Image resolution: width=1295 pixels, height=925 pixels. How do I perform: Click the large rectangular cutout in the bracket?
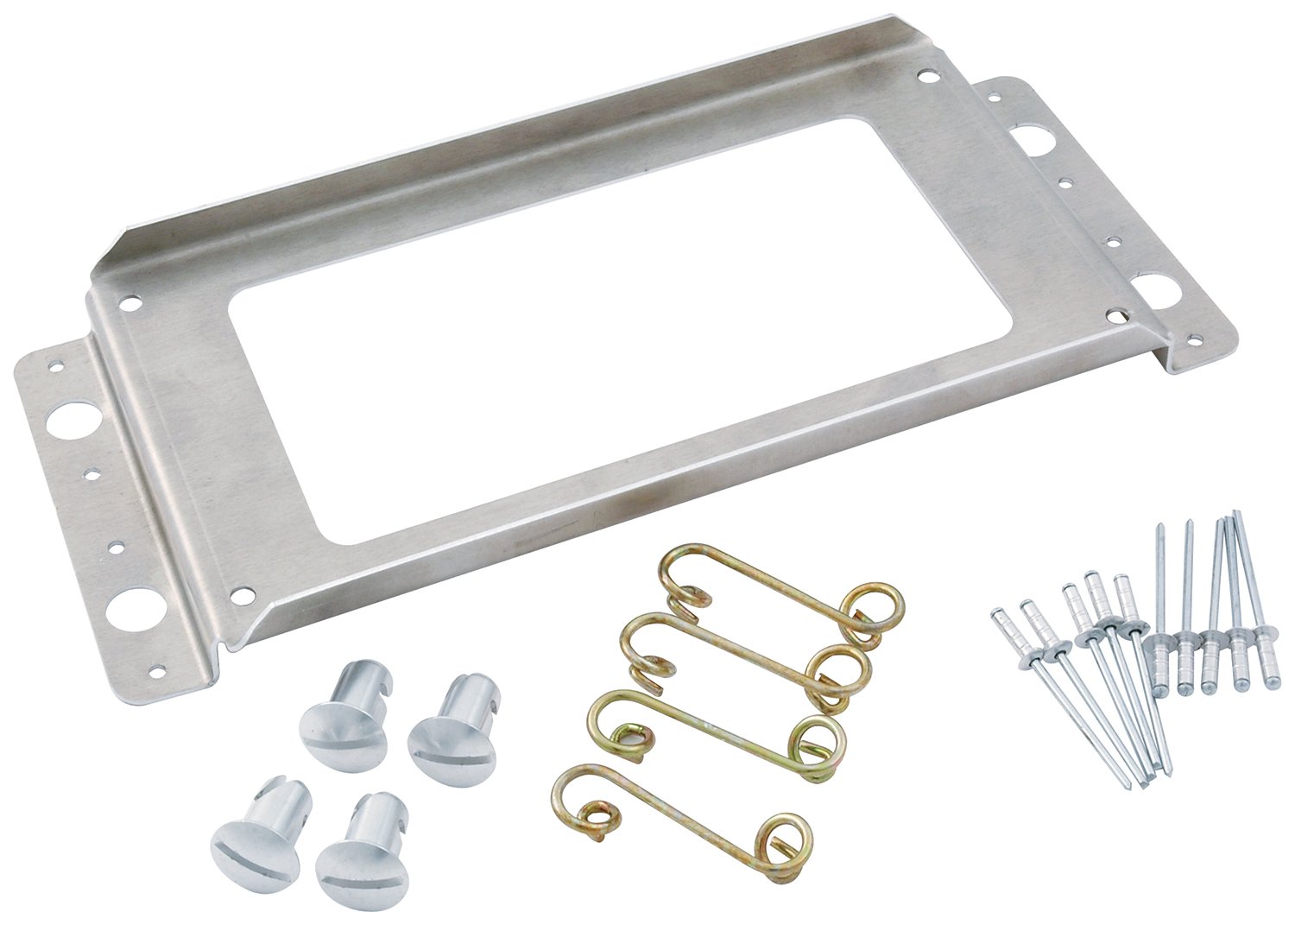click(x=553, y=328)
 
